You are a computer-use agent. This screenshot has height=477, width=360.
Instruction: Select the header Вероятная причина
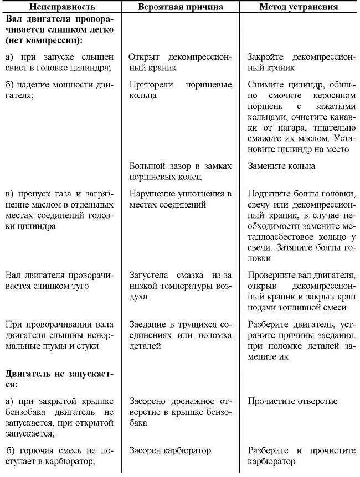tap(181, 7)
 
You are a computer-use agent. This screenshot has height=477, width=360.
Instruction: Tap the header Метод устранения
tap(299, 7)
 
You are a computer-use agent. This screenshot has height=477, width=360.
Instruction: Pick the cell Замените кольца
tap(281, 166)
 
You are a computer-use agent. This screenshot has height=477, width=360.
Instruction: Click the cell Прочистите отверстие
tap(292, 401)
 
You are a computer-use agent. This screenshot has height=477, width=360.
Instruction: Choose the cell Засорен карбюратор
tap(170, 450)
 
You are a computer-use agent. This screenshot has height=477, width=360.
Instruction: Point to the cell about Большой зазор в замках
tap(181, 171)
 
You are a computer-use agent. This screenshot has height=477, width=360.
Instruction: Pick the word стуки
tap(88, 346)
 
